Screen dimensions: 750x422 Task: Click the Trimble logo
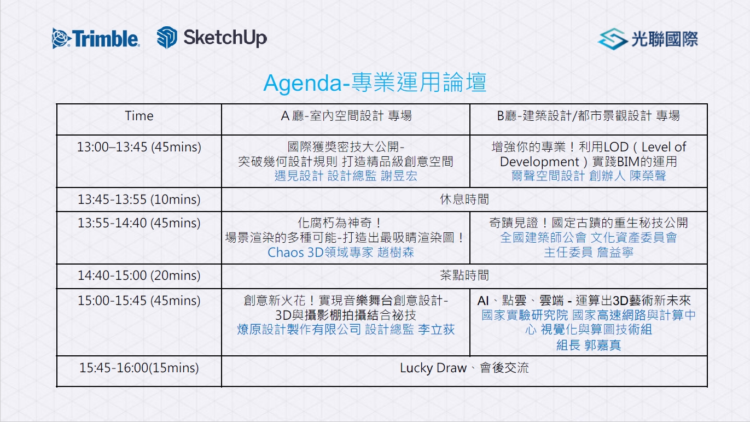(x=96, y=38)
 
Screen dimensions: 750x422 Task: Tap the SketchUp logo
(x=212, y=38)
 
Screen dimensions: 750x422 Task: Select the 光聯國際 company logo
(x=648, y=39)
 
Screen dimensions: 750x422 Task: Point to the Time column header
(x=139, y=116)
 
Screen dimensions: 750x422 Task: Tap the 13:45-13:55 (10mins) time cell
(x=139, y=200)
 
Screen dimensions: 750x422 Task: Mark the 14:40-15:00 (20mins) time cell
(x=139, y=276)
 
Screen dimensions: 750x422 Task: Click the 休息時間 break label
(x=464, y=200)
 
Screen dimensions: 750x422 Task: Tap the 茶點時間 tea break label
(x=464, y=276)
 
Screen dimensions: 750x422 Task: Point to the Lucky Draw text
(x=433, y=368)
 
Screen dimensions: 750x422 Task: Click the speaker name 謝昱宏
(x=399, y=175)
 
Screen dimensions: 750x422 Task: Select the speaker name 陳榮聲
(x=648, y=175)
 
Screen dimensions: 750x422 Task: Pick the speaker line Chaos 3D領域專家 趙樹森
(x=341, y=253)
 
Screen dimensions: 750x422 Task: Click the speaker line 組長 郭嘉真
(x=588, y=345)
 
